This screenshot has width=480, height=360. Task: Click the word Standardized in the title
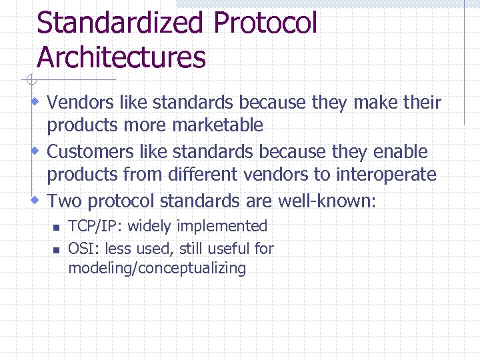pyautogui.click(x=120, y=23)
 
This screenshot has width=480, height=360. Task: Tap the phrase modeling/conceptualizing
pyautogui.click(x=157, y=269)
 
